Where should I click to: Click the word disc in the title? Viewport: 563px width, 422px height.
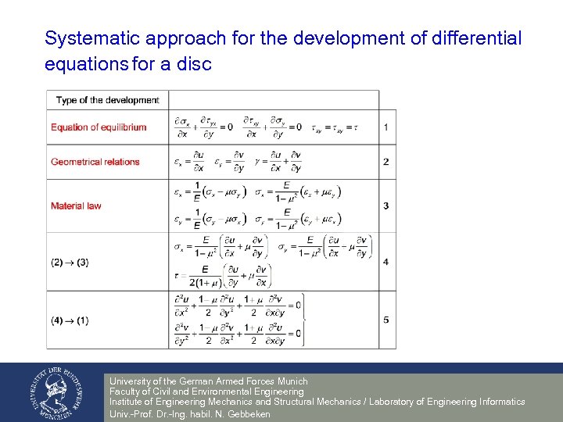194,64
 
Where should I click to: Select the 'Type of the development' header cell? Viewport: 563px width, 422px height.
108,100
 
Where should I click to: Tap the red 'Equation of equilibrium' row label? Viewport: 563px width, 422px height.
99,127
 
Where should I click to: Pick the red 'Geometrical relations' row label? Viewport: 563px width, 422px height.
95,162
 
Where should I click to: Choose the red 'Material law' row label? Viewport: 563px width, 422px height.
76,206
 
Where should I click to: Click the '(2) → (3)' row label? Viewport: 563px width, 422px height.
70,263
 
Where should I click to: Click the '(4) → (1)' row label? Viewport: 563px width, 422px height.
70,320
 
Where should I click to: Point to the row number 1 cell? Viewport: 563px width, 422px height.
386,127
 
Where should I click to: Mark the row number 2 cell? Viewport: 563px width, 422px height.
386,162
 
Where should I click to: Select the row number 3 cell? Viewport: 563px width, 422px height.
386,206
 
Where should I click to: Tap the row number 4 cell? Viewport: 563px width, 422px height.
386,263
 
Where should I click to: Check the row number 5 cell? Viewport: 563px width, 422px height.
386,320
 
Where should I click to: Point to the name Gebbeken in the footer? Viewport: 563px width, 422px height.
248,414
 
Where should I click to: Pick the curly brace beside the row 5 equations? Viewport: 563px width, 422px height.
303,320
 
